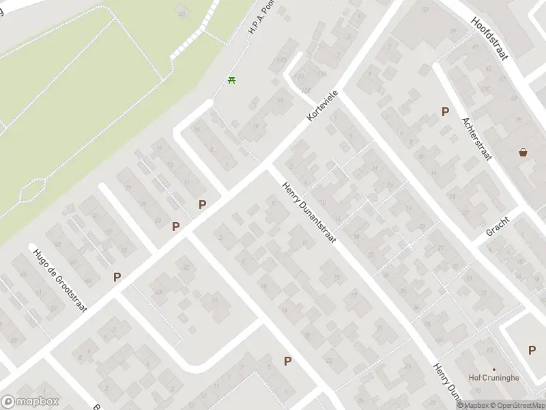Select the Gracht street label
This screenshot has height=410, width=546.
point(498,226)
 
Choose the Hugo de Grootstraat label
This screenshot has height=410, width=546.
point(61,280)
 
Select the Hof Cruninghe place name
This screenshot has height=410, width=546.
point(493,378)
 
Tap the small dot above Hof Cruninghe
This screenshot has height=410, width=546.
point(493,369)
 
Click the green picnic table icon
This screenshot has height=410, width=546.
point(232,81)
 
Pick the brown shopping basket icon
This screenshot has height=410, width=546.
point(523,152)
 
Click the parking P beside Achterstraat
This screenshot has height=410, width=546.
point(445,111)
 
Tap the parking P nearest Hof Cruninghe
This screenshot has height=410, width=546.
point(532,350)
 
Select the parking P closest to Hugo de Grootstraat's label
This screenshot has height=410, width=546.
point(117,277)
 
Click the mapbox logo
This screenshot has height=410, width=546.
point(30,402)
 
